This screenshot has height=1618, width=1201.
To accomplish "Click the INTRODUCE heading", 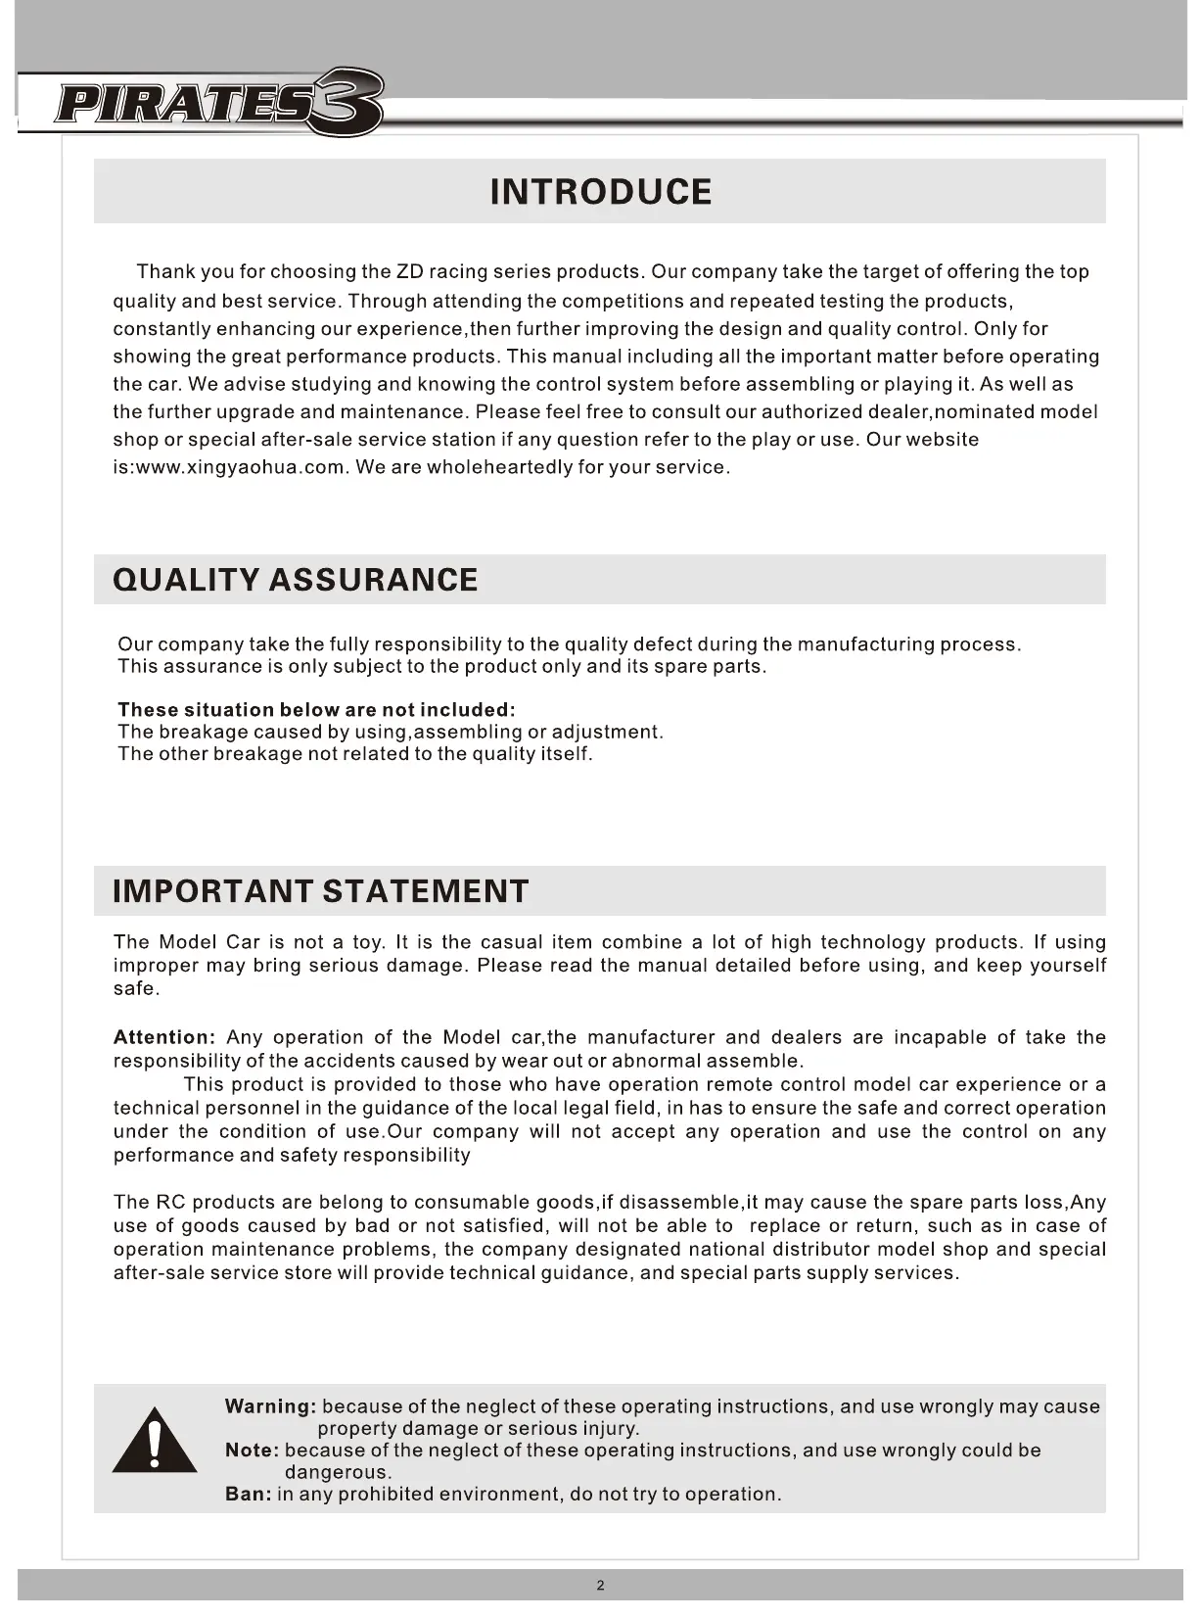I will click(600, 192).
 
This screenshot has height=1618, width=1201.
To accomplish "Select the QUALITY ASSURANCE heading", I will click(296, 580).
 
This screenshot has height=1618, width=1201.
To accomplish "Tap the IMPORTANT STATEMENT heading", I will click(321, 891).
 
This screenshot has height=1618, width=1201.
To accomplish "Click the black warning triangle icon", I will click(154, 1441).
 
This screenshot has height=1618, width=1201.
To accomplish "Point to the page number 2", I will click(600, 1586).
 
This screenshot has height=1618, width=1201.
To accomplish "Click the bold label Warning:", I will click(270, 1406).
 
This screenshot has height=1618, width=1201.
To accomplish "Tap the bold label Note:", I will click(253, 1451).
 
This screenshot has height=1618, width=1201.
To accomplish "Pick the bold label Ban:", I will click(248, 1495).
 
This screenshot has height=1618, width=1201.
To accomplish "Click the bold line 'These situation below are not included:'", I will click(316, 709).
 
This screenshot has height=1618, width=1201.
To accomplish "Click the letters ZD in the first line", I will click(409, 271).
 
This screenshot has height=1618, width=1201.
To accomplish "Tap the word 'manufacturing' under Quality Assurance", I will click(864, 644).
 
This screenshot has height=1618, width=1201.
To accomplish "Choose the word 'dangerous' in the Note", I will click(336, 1472).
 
